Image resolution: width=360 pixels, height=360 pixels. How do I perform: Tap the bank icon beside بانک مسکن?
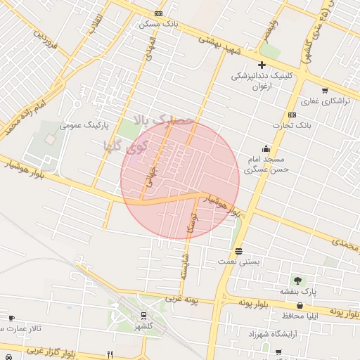(159, 13)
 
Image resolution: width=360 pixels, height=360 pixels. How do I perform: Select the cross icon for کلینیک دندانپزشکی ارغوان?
(262, 65)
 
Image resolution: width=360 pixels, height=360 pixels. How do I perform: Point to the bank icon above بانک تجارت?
(292, 115)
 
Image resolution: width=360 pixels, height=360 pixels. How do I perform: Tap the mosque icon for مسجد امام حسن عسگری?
(266, 148)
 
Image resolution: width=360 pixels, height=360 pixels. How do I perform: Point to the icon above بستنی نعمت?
(239, 251)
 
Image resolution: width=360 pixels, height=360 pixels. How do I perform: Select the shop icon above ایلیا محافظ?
(301, 305)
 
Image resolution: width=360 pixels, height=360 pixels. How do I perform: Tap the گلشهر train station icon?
(143, 316)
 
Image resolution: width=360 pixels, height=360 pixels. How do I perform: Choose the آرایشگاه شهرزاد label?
(270, 332)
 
